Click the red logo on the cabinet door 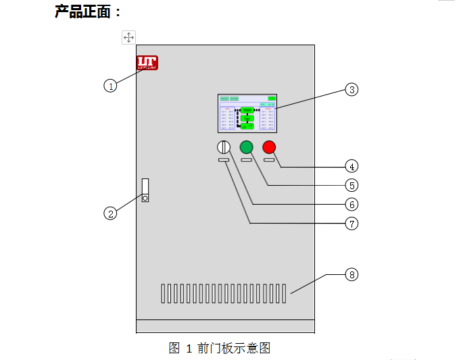(x=147, y=63)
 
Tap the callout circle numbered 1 (x=110, y=86)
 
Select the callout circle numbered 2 (x=110, y=213)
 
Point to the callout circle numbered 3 (x=351, y=89)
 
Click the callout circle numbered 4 (x=351, y=165)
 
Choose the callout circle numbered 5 (x=351, y=184)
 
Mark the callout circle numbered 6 (x=351, y=203)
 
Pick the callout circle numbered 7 (x=351, y=223)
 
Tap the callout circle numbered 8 (x=351, y=274)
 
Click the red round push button (x=270, y=147)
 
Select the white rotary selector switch (x=224, y=147)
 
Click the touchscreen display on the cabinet (x=247, y=113)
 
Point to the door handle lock (x=145, y=190)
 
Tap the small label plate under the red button (x=269, y=160)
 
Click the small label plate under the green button (x=246, y=160)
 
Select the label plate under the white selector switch (x=224, y=160)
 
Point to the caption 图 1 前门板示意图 (x=220, y=349)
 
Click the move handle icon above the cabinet (x=128, y=37)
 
